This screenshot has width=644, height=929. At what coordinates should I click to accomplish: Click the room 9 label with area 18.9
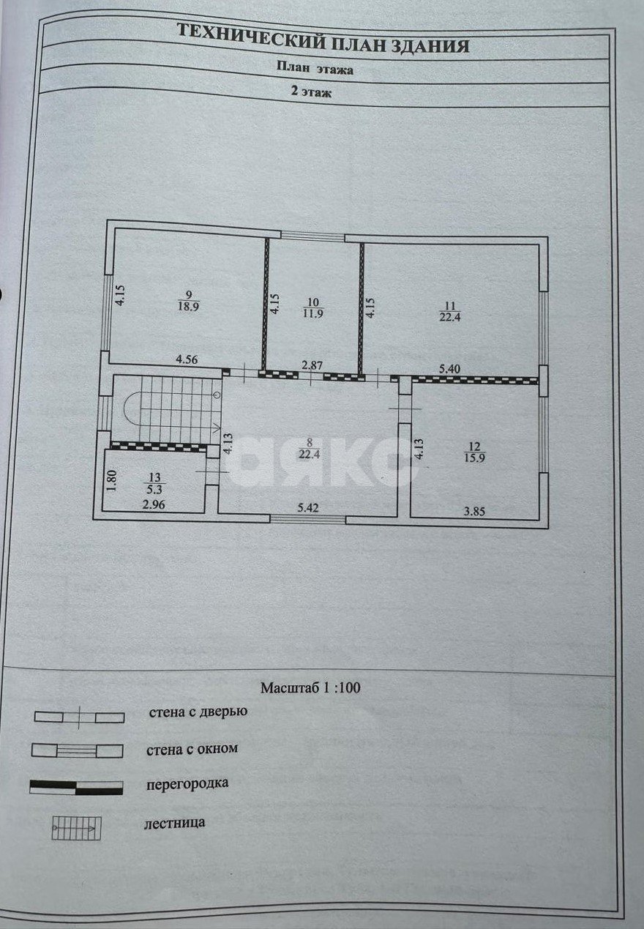tap(188, 301)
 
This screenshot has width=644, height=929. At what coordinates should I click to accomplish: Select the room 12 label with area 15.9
tap(474, 452)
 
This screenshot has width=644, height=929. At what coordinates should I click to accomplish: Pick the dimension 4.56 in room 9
tap(187, 359)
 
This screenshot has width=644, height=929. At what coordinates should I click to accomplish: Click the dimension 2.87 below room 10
tap(312, 365)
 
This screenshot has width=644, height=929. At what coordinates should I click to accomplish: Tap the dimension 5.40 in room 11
tap(449, 368)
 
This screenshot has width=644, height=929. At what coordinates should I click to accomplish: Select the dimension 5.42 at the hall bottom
tap(308, 507)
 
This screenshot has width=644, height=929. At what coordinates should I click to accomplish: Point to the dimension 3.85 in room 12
tap(474, 512)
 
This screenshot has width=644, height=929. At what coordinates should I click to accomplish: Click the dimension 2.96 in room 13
tap(154, 504)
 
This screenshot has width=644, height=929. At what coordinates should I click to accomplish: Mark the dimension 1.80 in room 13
tap(113, 480)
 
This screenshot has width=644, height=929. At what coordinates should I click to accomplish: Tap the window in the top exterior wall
tap(312, 235)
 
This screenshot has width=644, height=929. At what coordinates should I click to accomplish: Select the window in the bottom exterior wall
tap(308, 519)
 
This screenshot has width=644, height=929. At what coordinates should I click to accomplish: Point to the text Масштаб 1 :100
tap(310, 688)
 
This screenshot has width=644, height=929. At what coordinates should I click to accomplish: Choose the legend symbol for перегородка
tap(76, 788)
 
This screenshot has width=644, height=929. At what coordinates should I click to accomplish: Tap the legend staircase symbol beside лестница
tap(76, 829)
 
